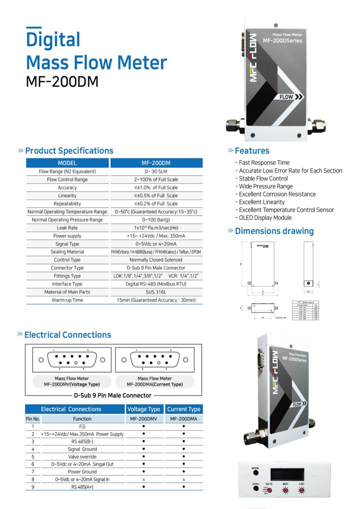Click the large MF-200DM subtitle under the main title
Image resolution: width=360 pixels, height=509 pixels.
click(x=62, y=82)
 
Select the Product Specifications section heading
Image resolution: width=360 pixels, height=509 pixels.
click(x=69, y=151)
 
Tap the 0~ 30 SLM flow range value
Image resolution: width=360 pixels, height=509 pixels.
click(x=156, y=171)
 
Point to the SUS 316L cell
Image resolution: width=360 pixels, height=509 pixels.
click(x=156, y=292)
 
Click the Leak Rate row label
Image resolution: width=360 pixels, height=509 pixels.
click(x=67, y=228)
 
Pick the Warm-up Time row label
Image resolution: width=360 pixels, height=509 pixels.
click(x=67, y=300)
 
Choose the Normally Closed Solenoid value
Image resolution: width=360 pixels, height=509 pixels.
click(x=156, y=260)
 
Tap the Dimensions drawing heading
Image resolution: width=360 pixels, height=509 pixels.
click(x=274, y=231)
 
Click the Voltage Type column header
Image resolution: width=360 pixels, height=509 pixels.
click(x=143, y=409)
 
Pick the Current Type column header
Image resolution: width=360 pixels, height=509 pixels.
click(x=183, y=409)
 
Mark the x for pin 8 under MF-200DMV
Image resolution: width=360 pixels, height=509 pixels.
click(x=143, y=480)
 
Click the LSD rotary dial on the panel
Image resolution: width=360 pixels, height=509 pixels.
click(x=301, y=491)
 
